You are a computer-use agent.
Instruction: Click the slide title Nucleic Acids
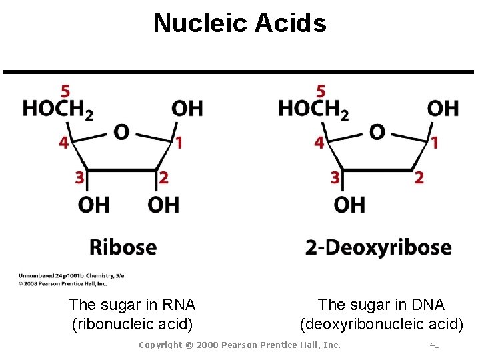(240, 23)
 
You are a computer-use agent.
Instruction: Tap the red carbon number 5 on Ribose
(65, 91)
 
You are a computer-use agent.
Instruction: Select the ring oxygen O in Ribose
(121, 132)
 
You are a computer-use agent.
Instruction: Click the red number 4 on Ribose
(63, 143)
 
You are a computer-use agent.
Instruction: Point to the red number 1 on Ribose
(179, 142)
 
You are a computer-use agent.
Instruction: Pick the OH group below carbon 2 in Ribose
(163, 204)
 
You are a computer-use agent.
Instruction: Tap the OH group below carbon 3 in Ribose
(93, 204)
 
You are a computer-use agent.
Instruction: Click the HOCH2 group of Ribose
(57, 108)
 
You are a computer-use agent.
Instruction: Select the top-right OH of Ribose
(187, 107)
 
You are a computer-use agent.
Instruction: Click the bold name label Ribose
(123, 247)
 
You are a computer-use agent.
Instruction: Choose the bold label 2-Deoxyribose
(378, 248)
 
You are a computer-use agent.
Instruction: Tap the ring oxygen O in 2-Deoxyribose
(377, 132)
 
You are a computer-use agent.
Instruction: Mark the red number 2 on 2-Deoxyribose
(419, 177)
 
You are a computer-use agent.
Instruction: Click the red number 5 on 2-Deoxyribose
(321, 91)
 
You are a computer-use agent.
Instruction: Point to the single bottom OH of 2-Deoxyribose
(349, 204)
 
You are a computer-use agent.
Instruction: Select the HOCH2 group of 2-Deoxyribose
(313, 108)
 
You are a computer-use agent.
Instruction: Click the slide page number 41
(434, 345)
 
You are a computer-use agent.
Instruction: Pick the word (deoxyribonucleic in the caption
(364, 325)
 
